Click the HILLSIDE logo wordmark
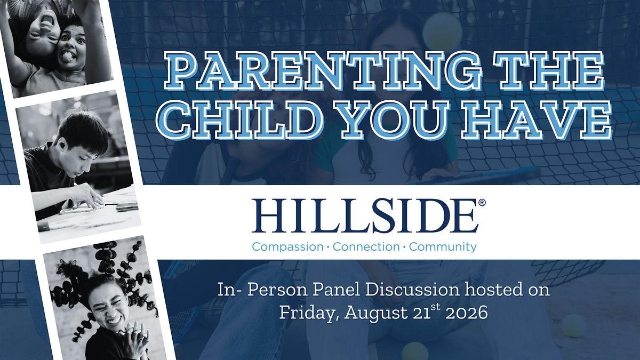coord(365,215)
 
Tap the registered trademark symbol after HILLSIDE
coord(482,203)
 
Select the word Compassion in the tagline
coord(287,247)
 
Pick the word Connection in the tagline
coord(366,246)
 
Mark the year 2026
coord(467,313)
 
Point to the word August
coord(376,313)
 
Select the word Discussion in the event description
coord(412,290)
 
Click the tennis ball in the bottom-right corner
coord(574,326)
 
